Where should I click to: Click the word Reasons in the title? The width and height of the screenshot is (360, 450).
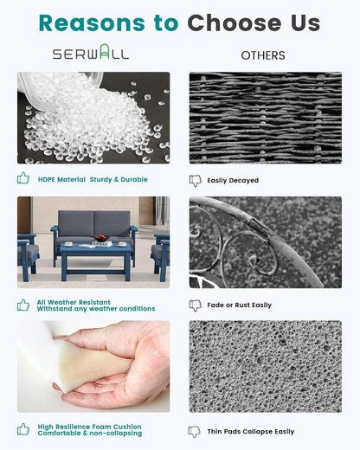[92, 22]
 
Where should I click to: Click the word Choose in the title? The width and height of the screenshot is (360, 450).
[235, 22]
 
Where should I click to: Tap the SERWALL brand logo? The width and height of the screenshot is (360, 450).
[91, 52]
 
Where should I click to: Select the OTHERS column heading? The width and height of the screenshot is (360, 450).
[263, 55]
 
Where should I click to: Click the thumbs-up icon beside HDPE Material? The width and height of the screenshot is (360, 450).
[23, 178]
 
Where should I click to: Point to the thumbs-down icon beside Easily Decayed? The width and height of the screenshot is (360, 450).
[196, 181]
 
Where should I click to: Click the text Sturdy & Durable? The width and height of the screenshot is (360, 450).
[119, 179]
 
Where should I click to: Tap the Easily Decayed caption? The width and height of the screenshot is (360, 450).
[233, 181]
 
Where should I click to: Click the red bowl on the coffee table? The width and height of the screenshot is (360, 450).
[101, 238]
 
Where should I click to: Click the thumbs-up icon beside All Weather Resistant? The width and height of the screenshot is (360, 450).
[23, 305]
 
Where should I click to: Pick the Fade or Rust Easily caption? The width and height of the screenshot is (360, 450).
[240, 305]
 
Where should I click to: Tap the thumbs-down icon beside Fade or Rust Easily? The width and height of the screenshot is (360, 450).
[196, 305]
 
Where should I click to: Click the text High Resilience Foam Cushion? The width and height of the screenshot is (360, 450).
[89, 427]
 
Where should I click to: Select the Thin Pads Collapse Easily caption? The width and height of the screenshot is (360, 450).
[251, 432]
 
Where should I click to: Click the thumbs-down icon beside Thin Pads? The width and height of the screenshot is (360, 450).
[195, 432]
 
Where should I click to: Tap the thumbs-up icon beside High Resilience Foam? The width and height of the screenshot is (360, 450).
[23, 429]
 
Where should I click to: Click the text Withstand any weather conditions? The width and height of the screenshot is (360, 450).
[96, 309]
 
